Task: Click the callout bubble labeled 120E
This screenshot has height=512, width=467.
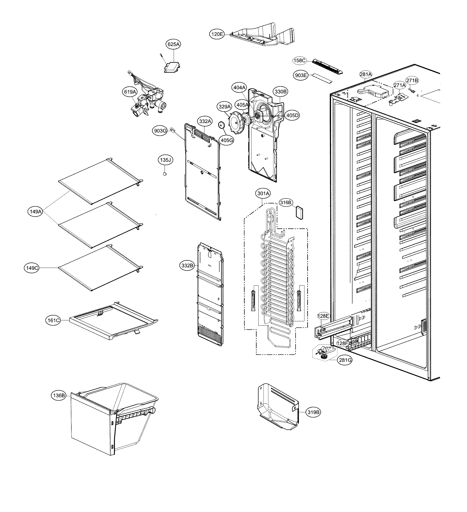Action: (217, 34)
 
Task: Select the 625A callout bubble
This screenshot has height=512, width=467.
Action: (174, 44)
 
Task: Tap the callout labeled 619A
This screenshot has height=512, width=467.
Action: (130, 92)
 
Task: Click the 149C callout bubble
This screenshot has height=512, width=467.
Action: (32, 268)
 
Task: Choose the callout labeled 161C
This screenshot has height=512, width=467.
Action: (54, 321)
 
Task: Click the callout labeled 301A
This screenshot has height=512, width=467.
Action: (263, 194)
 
